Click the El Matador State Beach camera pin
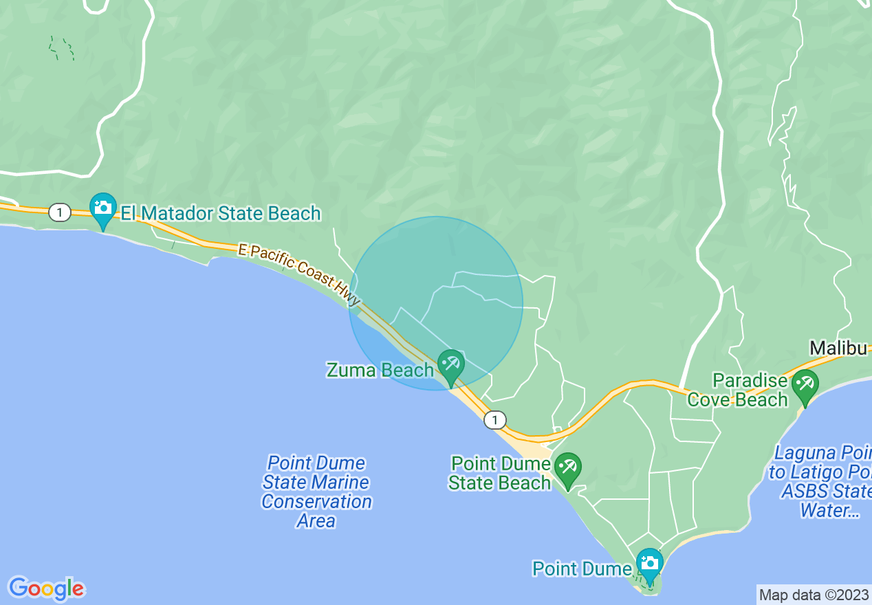[x=103, y=208]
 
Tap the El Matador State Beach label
[x=221, y=213]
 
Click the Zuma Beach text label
[x=380, y=371]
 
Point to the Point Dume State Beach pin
[x=567, y=468]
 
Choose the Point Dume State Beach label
[x=500, y=473]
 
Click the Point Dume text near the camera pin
[x=582, y=569]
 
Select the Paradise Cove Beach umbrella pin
[x=804, y=385]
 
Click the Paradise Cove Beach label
[x=739, y=390]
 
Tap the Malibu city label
[x=838, y=348]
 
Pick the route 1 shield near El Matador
[x=60, y=213]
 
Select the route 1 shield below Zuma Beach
[x=494, y=419]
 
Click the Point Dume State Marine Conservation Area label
[x=316, y=492]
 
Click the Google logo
[x=47, y=588]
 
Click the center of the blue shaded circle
[x=436, y=303]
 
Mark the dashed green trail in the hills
[x=61, y=48]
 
